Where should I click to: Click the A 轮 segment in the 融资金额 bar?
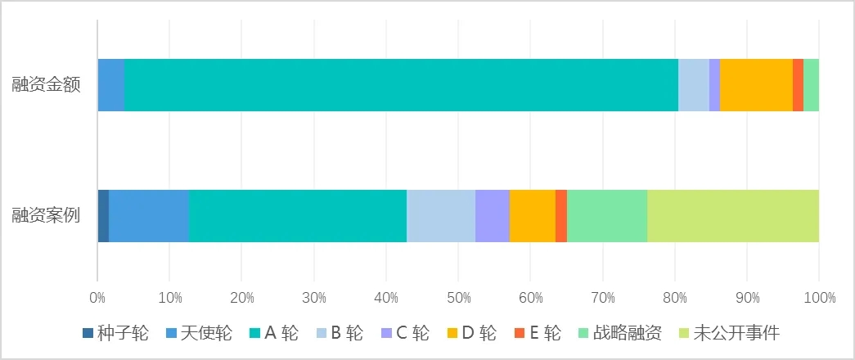401,85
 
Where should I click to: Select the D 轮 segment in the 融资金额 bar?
756,85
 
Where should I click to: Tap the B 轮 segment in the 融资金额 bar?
693,85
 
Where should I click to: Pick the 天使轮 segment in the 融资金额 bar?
111,85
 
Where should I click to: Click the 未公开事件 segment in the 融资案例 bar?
732,216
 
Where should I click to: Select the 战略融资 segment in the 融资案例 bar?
607,216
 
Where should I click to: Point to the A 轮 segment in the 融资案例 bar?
298,216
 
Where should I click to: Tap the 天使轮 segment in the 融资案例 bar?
149,216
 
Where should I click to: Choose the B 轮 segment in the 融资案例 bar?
441,216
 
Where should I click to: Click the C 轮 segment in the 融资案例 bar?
493,216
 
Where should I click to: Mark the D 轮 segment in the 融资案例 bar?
532,216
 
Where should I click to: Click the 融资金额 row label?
46,85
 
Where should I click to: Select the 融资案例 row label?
46,216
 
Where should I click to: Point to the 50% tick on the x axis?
458,298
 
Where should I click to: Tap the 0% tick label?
97,298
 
